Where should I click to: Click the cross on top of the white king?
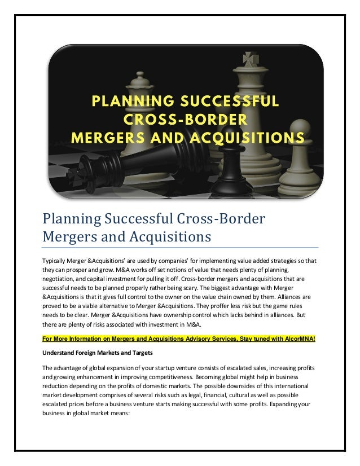248,59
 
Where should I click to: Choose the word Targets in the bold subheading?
144,353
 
